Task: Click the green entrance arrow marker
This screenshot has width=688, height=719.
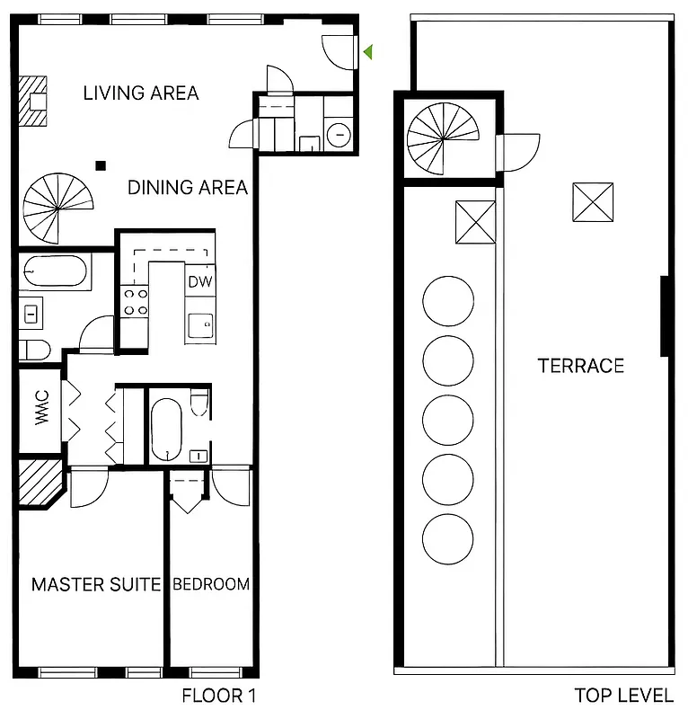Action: pos(367,53)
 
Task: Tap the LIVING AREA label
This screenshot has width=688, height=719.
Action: pos(141,93)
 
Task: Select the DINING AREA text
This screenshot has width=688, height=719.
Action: pos(187,187)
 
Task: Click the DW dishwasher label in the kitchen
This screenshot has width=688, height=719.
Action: pos(199,280)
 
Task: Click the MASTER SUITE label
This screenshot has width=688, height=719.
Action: pos(96,584)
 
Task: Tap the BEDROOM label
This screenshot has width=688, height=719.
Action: pos(211,584)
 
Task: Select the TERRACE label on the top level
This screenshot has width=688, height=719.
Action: pos(580,366)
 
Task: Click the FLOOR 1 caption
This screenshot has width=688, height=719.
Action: pos(219,695)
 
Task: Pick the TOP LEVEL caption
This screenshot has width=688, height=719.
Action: pos(623,695)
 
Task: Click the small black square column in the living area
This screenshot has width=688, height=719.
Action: pos(101,164)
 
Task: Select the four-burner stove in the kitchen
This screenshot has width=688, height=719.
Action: pos(135,301)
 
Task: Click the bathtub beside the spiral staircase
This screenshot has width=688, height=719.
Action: pos(55,269)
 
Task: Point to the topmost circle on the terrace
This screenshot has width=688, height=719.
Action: pos(447,301)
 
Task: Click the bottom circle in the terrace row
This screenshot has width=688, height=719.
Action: pos(447,537)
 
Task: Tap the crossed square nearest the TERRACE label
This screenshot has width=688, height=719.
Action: pos(593,202)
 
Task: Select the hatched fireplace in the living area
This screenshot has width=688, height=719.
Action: pos(37,102)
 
